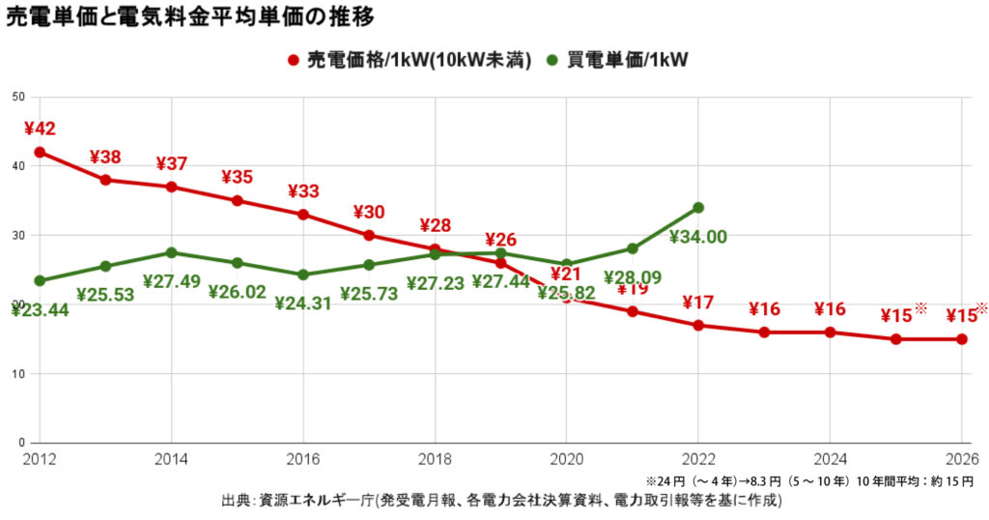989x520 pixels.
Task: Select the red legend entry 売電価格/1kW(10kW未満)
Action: (x=410, y=60)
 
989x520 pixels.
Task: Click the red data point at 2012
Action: (x=40, y=152)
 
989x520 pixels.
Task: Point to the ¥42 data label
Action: (x=40, y=129)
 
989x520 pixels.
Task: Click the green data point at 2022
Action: (x=698, y=207)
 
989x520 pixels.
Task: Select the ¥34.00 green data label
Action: (x=698, y=237)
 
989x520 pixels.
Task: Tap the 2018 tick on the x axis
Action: (x=435, y=458)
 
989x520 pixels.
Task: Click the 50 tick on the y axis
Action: (x=18, y=97)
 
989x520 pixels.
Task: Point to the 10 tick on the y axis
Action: (x=18, y=373)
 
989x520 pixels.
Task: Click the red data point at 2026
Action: (x=962, y=339)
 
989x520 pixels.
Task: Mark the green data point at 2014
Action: (x=171, y=252)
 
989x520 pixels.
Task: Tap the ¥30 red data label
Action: (x=369, y=212)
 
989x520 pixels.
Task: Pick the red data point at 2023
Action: (x=764, y=332)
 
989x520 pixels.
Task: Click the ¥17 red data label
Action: (x=698, y=303)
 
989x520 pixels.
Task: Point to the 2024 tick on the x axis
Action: (x=830, y=458)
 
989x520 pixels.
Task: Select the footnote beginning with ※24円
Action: (x=811, y=480)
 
